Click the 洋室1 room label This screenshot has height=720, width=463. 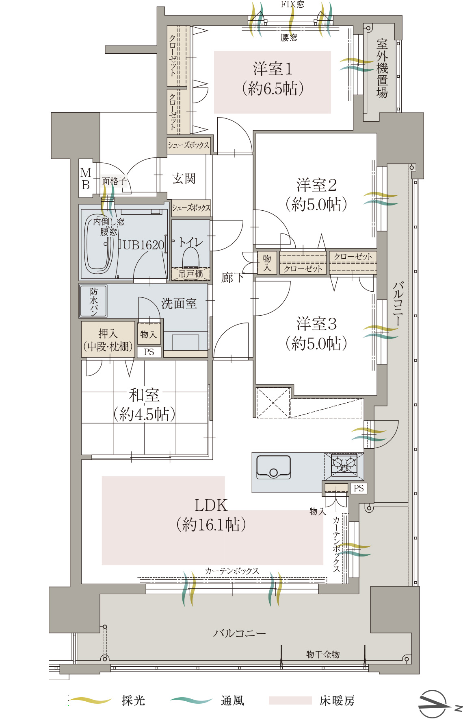point(273,69)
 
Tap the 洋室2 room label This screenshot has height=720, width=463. point(316,185)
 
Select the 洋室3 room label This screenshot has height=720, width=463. point(316,324)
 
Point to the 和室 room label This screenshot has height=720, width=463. point(144,395)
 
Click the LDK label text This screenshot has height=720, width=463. point(211,505)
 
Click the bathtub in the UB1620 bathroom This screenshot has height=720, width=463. point(98,243)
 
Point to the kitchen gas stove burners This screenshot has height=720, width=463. point(344,464)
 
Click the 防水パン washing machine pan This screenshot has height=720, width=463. point(93,301)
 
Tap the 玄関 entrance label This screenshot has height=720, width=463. point(184,178)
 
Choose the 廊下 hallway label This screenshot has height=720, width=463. point(232,277)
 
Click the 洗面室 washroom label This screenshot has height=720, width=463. point(179,303)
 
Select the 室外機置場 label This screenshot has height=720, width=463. point(382,68)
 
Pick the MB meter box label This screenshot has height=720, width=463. point(85,179)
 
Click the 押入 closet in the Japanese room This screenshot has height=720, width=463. point(108,339)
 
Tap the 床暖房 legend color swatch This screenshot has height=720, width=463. point(290,700)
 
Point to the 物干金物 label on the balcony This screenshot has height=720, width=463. point(323,654)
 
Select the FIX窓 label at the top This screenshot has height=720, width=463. point(292,4)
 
